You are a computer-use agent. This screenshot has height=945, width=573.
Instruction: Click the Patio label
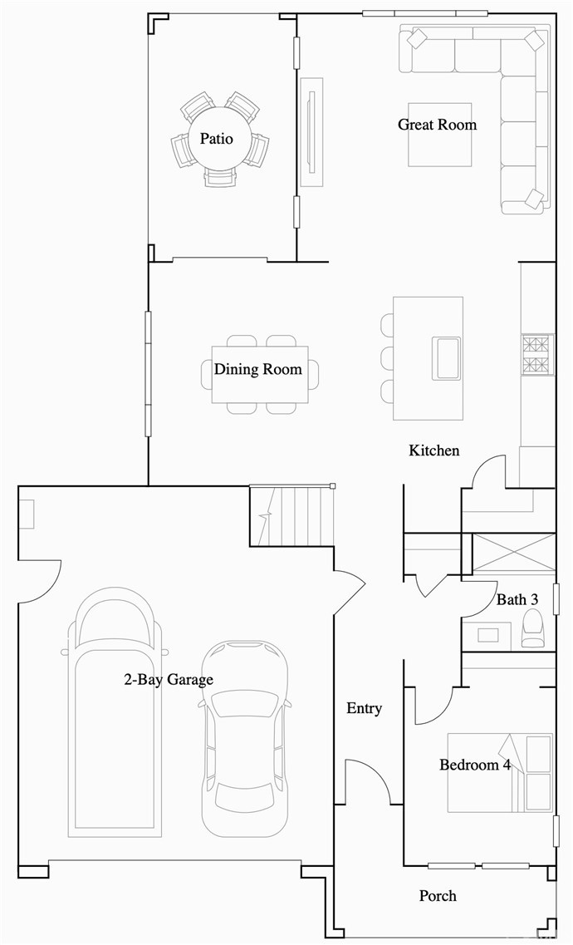point(216,139)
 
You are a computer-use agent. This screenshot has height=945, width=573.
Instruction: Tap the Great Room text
point(437,125)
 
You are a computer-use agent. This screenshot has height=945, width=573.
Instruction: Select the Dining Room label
point(258,369)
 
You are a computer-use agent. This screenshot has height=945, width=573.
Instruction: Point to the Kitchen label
point(433,450)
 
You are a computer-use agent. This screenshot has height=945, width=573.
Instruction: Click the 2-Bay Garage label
point(169,680)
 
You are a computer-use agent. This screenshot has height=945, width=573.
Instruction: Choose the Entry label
point(364,708)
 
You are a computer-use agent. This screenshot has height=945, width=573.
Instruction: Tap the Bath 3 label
point(517,599)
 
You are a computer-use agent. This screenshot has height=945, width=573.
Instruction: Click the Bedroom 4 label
point(475,765)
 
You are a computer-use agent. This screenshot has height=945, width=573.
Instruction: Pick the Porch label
point(438,896)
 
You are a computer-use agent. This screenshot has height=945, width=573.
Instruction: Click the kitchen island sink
point(447,358)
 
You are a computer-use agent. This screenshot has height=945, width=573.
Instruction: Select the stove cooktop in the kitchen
point(537,354)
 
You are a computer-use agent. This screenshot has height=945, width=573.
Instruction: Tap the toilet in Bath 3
point(531,629)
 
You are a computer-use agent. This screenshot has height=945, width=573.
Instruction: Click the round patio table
point(216,139)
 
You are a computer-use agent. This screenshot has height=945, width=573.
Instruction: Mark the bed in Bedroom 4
point(500,772)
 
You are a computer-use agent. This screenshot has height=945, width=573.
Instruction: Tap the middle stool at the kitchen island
point(388,358)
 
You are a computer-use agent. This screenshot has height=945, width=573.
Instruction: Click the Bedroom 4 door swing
point(434,706)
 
